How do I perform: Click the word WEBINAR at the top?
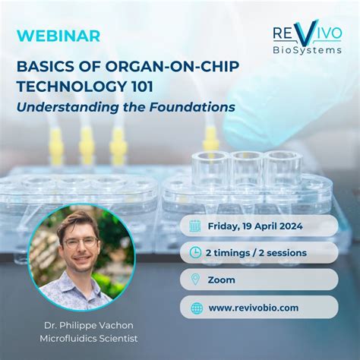click(47, 36)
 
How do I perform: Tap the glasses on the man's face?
click(81, 243)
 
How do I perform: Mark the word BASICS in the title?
click(42, 66)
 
